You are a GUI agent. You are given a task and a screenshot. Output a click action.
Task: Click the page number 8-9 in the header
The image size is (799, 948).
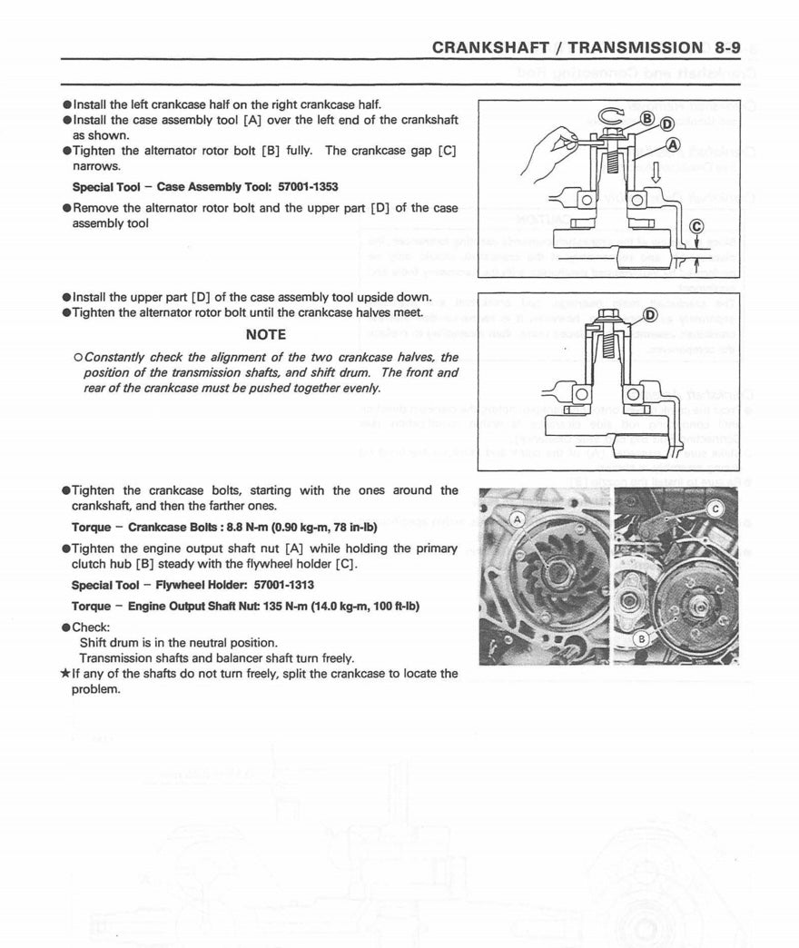pos(727,47)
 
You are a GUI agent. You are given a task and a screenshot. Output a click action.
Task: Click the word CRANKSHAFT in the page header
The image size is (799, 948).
pos(489,47)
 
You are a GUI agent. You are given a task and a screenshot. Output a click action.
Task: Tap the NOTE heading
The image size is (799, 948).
pos(265,334)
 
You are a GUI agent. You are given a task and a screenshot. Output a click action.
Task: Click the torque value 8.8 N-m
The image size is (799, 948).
pos(248,527)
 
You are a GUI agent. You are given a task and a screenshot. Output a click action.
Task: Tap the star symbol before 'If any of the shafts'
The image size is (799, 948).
pos(64,674)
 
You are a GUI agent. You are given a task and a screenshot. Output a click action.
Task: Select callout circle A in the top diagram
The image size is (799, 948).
pos(673,144)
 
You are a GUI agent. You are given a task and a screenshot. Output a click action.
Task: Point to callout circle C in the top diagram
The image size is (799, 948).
pos(696,227)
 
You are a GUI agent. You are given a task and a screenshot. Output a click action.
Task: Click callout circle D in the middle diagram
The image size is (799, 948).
pos(650,315)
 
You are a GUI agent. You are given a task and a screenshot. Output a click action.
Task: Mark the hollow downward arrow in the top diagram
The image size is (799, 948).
pos(656,172)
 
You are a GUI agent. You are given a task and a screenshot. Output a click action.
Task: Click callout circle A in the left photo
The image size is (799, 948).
pos(518,519)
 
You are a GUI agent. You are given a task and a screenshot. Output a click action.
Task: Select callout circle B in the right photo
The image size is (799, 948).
pos(640,638)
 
